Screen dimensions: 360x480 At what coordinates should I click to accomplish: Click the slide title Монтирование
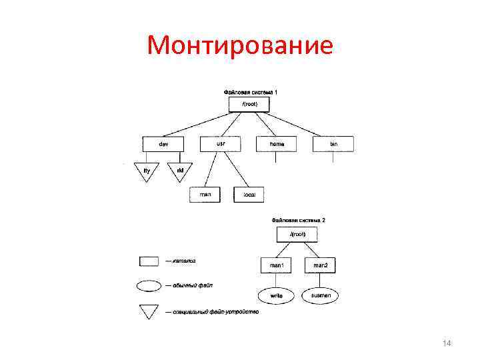tap(240, 45)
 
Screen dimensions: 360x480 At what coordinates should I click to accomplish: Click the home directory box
tap(277, 143)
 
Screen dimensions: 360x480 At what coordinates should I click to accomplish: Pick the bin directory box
tap(333, 143)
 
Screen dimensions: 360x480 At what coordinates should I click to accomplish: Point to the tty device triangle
tap(147, 171)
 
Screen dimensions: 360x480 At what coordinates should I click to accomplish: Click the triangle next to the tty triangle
tap(180, 171)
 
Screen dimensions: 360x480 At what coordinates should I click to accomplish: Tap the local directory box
tap(249, 195)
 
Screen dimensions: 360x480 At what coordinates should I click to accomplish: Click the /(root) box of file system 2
tap(296, 235)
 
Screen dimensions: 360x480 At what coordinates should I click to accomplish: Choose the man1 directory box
tap(276, 266)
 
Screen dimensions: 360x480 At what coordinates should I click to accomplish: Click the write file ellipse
tap(276, 295)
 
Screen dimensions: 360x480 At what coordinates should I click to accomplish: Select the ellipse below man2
tap(319, 294)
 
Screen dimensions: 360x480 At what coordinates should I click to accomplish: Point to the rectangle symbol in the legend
tap(148, 261)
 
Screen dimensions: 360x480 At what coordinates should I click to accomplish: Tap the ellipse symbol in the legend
tap(148, 286)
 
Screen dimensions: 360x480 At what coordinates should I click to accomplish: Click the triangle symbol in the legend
tap(148, 310)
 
